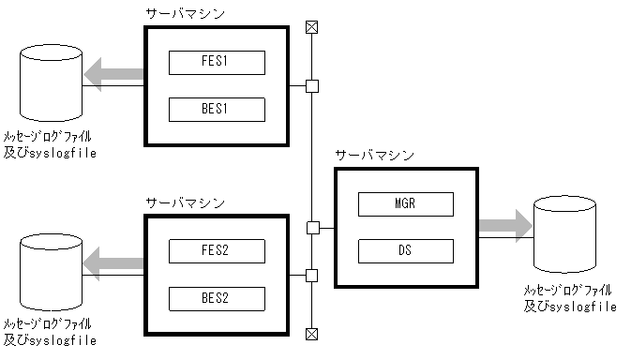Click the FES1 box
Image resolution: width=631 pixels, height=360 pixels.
coord(217,63)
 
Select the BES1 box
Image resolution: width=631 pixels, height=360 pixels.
coord(217,109)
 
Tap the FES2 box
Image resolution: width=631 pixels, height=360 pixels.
coord(217,251)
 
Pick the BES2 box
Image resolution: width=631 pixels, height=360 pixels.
coord(217,298)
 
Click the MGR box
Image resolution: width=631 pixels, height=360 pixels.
coord(405,204)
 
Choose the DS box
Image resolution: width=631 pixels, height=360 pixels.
coord(405,250)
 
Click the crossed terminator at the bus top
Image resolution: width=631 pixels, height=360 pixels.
coord(312,28)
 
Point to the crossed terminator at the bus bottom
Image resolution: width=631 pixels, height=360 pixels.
coord(312,334)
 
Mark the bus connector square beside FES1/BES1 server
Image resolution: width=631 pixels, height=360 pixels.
coord(312,87)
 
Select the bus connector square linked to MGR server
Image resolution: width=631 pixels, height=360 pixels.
coord(312,227)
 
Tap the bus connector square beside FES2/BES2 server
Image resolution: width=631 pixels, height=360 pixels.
coord(312,276)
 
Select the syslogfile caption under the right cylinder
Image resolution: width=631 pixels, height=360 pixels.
coord(569,307)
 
